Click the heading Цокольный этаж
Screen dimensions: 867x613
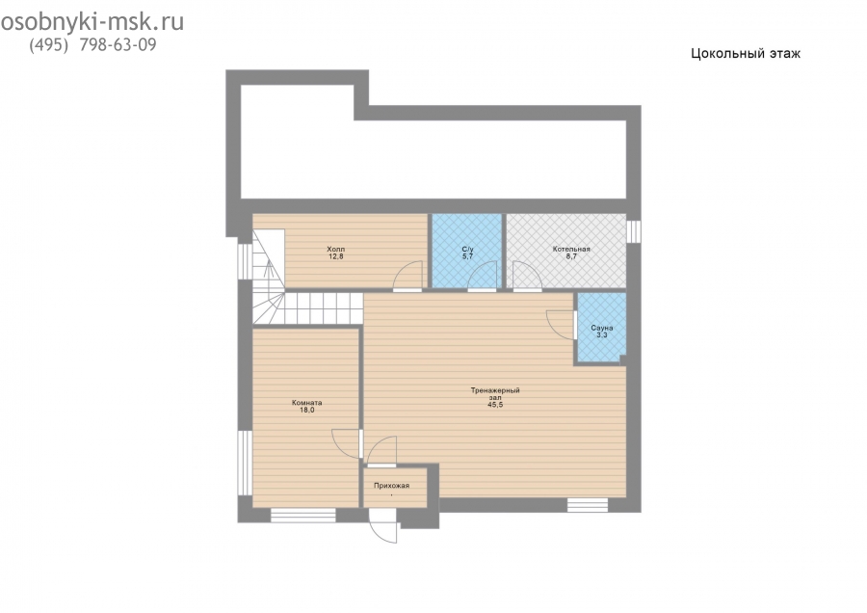[746, 54]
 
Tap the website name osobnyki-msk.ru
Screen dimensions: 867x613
[92, 22]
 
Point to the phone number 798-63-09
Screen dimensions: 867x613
[118, 44]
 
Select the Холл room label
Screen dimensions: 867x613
[335, 249]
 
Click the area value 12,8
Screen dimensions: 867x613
[335, 256]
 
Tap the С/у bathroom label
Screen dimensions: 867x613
[467, 250]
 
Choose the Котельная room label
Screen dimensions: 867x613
[571, 249]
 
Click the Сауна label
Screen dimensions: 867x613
[601, 328]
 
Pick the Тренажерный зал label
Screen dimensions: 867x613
[495, 394]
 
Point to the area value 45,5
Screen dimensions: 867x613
[495, 405]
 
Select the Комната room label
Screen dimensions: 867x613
[307, 403]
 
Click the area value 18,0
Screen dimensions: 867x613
[307, 410]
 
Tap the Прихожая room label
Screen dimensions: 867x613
[391, 486]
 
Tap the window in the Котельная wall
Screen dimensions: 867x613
[634, 231]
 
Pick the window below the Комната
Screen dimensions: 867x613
[303, 515]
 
